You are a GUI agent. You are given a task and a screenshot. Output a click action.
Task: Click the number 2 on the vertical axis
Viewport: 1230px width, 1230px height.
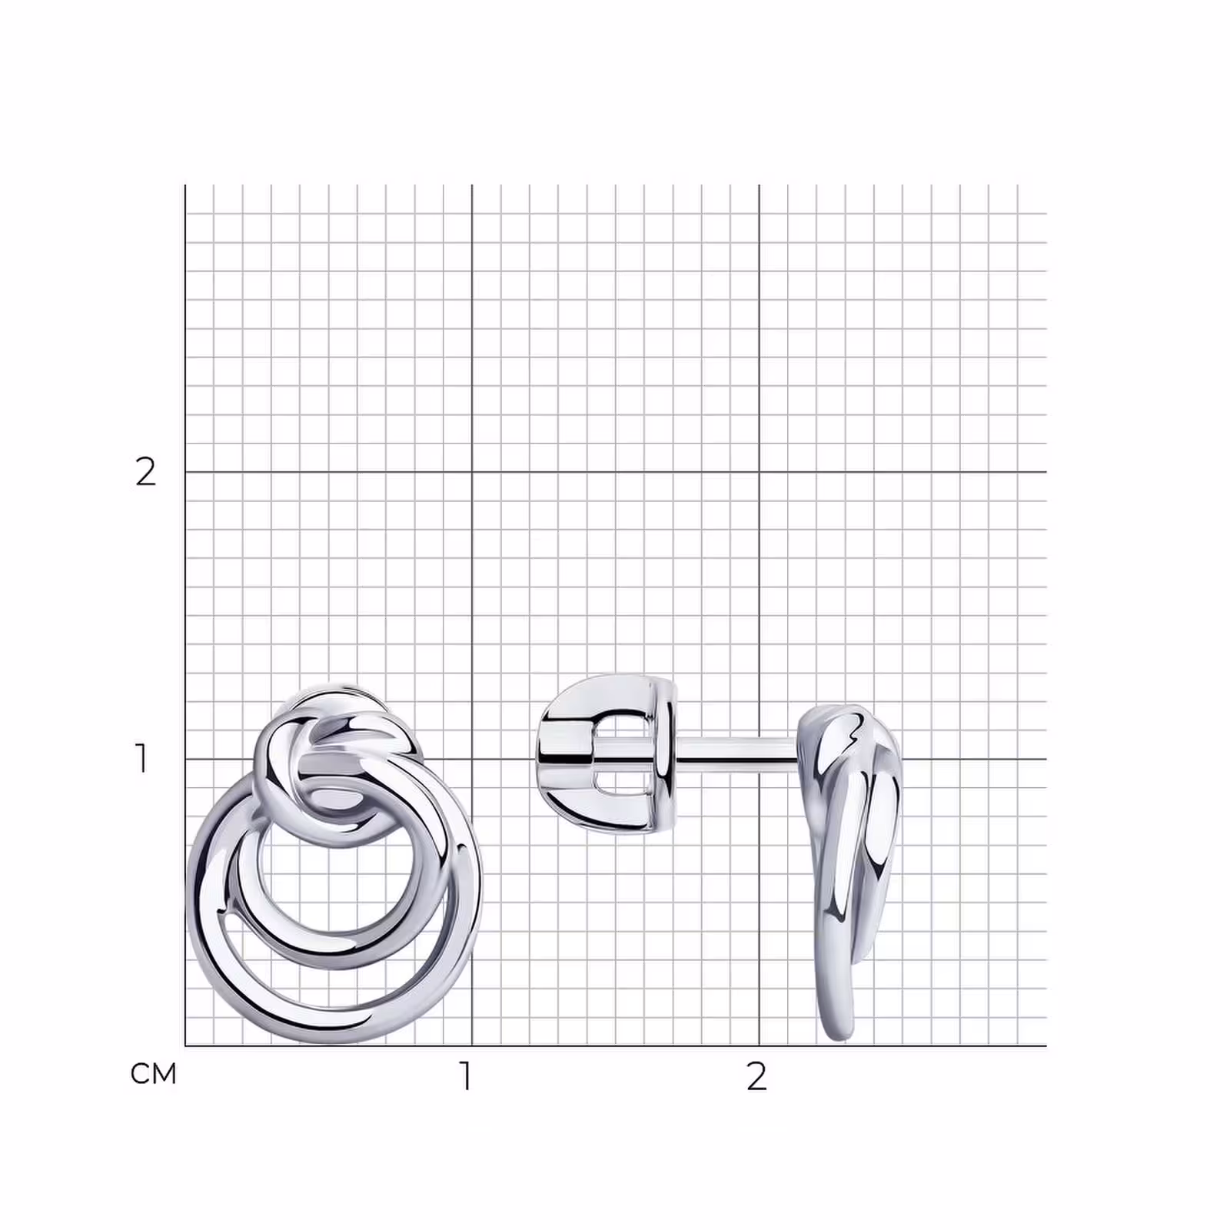coord(145,472)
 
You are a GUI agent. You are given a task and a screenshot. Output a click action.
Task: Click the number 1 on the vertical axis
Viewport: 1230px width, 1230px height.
coord(141,758)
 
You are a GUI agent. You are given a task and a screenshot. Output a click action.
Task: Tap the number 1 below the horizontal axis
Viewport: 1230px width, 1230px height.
coord(465,1076)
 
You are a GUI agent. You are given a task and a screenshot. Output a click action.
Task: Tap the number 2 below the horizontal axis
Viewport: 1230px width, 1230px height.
coord(756,1076)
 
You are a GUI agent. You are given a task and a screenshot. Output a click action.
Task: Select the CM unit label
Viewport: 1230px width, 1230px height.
coord(154,1074)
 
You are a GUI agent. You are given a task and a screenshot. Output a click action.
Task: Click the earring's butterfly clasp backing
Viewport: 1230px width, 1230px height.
coord(607,754)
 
